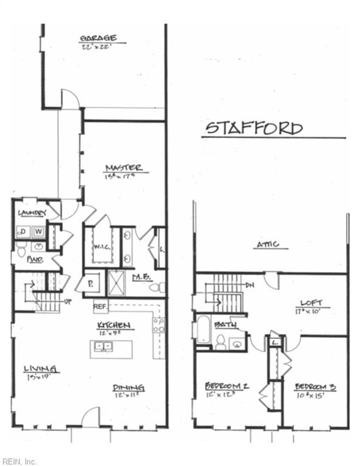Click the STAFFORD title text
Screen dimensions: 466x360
point(254,128)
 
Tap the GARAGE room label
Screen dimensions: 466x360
point(98,38)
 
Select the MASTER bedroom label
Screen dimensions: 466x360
point(124,168)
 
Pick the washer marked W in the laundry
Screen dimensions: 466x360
point(39,232)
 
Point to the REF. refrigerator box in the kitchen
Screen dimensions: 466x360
point(101,306)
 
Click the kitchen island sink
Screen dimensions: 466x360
point(104,347)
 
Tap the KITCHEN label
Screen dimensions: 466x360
point(114,325)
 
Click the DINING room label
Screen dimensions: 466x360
point(128,388)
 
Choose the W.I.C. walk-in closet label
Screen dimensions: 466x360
point(102,247)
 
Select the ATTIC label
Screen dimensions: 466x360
point(268,244)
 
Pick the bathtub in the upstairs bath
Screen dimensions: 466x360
point(203,330)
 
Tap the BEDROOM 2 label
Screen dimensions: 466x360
point(227,386)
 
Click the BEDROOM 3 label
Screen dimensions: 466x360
point(315,387)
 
